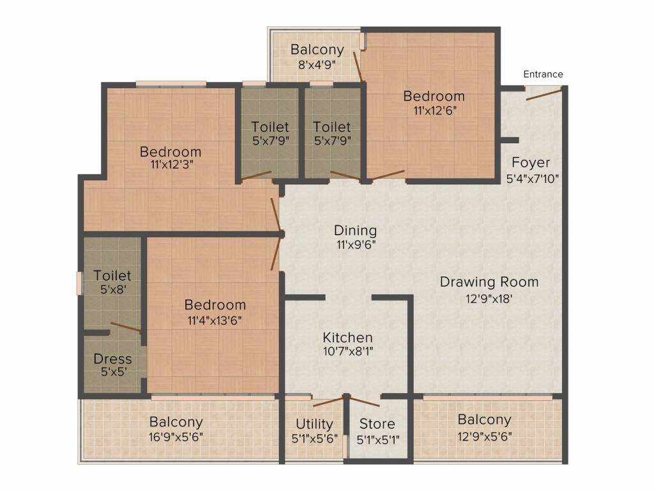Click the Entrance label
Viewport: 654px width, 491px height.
tap(543, 74)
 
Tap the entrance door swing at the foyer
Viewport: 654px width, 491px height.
tap(544, 93)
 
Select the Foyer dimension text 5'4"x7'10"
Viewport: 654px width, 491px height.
tap(532, 179)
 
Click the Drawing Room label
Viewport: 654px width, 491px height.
tap(489, 282)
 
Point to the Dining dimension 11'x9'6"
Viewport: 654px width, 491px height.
tap(356, 245)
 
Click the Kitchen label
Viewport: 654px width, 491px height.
tap(348, 338)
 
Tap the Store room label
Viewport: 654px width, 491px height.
tap(377, 424)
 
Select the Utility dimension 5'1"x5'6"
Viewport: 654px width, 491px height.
tap(314, 439)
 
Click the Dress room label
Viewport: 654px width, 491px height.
tap(112, 359)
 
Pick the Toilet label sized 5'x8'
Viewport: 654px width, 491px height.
tap(112, 276)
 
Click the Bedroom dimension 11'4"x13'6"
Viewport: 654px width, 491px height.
tap(215, 321)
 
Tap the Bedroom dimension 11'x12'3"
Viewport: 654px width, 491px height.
tap(172, 164)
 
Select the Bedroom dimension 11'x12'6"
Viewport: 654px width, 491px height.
tap(435, 111)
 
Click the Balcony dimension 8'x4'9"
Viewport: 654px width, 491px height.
tap(317, 65)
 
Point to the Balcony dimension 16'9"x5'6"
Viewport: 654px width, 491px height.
tap(176, 437)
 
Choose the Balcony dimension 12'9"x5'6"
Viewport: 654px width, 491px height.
tap(485, 436)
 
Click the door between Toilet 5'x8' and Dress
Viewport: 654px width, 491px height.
tap(126, 328)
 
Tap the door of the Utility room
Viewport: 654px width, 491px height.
tap(329, 401)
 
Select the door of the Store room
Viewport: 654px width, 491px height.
tap(363, 401)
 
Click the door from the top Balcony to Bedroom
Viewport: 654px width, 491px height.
tap(358, 66)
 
